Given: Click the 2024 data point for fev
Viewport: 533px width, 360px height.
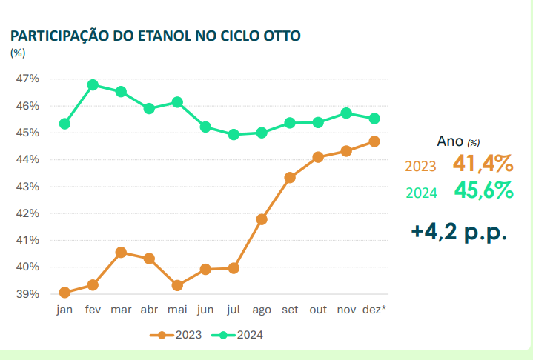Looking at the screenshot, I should [x=93, y=85].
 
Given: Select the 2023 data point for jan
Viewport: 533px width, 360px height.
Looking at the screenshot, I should [x=64, y=293].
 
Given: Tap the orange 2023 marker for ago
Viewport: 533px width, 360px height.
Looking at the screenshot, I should [x=262, y=219].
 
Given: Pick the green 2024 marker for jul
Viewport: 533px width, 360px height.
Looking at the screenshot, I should [x=234, y=135].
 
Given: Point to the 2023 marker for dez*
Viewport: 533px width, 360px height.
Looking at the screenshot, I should [x=374, y=141].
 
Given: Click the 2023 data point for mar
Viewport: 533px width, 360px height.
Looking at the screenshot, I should [x=121, y=253].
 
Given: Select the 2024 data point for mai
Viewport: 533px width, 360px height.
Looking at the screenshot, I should [x=177, y=102].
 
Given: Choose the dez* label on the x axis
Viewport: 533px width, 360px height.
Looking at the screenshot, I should [x=375, y=310].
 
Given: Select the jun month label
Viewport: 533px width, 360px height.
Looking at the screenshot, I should [x=205, y=310].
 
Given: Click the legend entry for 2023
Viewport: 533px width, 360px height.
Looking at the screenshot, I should [x=179, y=335].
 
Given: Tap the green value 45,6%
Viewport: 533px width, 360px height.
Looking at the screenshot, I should [x=483, y=191].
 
